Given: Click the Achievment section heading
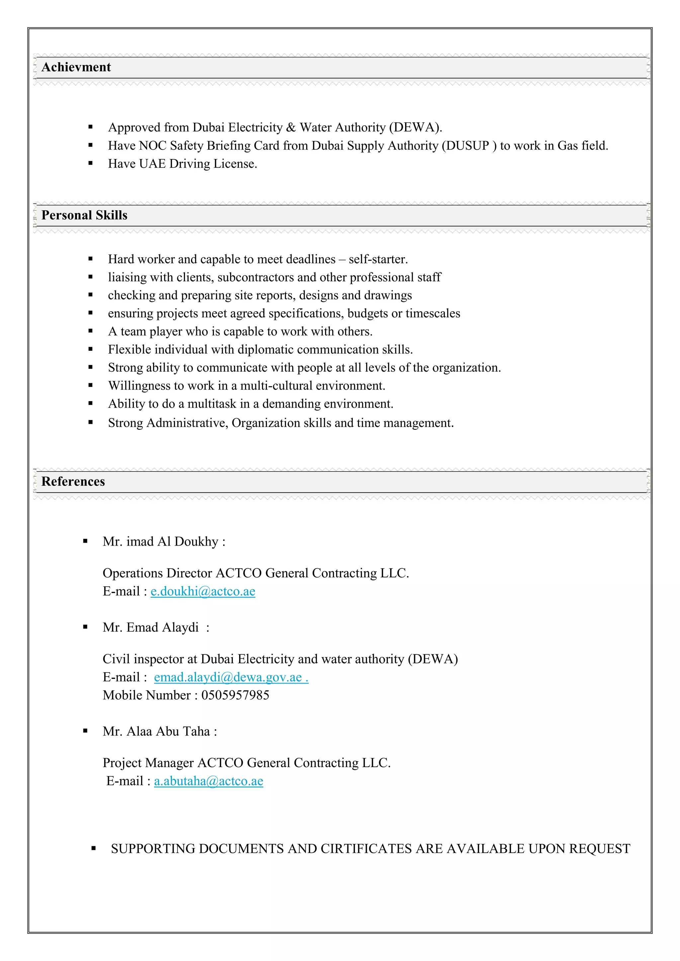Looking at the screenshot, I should [76, 67].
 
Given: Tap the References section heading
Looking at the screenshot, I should [73, 481].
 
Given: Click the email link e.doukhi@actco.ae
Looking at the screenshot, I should [203, 591].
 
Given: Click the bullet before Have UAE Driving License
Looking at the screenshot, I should [90, 164].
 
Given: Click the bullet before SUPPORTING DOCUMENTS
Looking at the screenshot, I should [93, 849].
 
